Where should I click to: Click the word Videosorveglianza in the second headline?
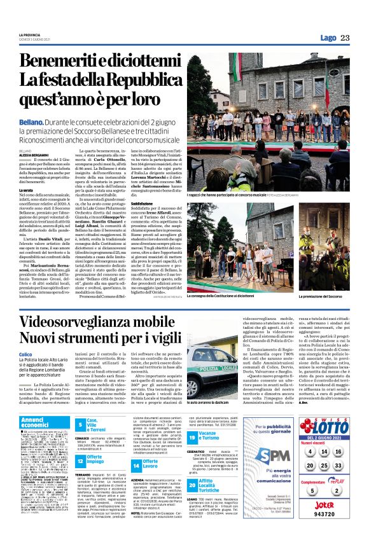(90, 322)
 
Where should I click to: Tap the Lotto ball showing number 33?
(337, 466)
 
